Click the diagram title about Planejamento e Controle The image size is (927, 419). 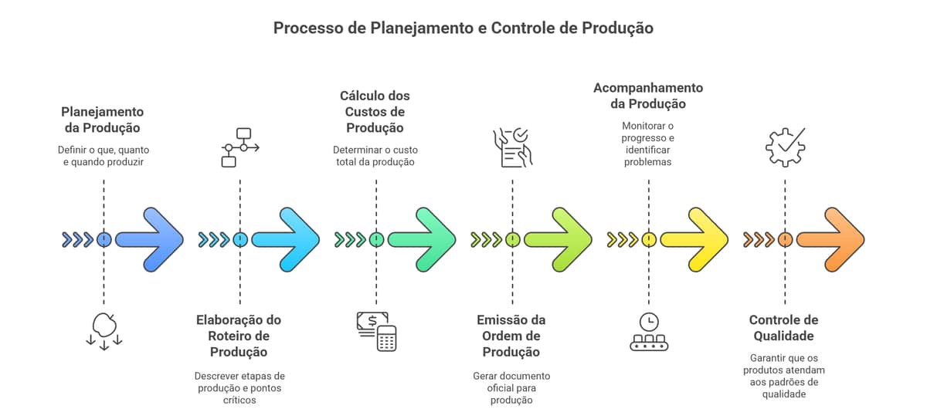463,29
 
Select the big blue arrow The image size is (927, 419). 151,239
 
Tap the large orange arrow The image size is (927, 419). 831,239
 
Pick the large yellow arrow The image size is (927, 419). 695,239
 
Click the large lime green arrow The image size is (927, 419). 559,239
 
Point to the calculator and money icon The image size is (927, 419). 376,331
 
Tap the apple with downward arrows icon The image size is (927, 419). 104,331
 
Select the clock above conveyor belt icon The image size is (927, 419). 649,331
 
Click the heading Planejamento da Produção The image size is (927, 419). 103,120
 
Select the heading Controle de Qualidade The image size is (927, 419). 784,328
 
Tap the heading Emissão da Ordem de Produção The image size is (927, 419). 511,336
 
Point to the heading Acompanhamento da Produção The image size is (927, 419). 648,96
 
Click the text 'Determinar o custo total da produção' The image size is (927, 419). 375,156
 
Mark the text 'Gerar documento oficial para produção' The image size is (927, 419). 511,388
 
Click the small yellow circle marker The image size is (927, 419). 649,239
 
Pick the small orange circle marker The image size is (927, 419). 785,239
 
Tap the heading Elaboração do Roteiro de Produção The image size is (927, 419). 239,336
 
